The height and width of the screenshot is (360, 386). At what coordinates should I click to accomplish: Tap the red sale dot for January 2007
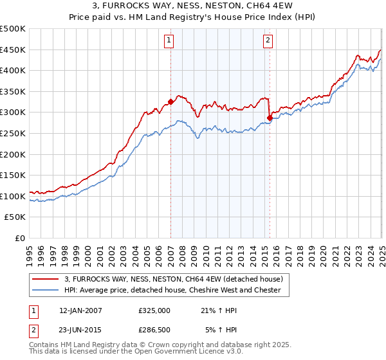[171, 102]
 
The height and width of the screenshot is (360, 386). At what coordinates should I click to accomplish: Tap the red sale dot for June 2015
[270, 118]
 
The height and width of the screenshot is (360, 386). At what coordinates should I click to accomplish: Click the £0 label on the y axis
[19, 238]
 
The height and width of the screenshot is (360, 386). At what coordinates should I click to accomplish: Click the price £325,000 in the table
[154, 310]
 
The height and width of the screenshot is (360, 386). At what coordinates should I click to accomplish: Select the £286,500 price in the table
[154, 330]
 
